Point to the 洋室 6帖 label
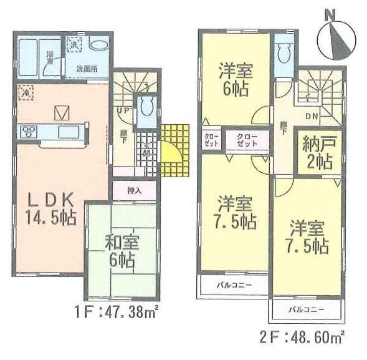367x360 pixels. click(x=234, y=79)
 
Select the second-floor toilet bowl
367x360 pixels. click(x=284, y=55)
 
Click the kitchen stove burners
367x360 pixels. click(x=30, y=132)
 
